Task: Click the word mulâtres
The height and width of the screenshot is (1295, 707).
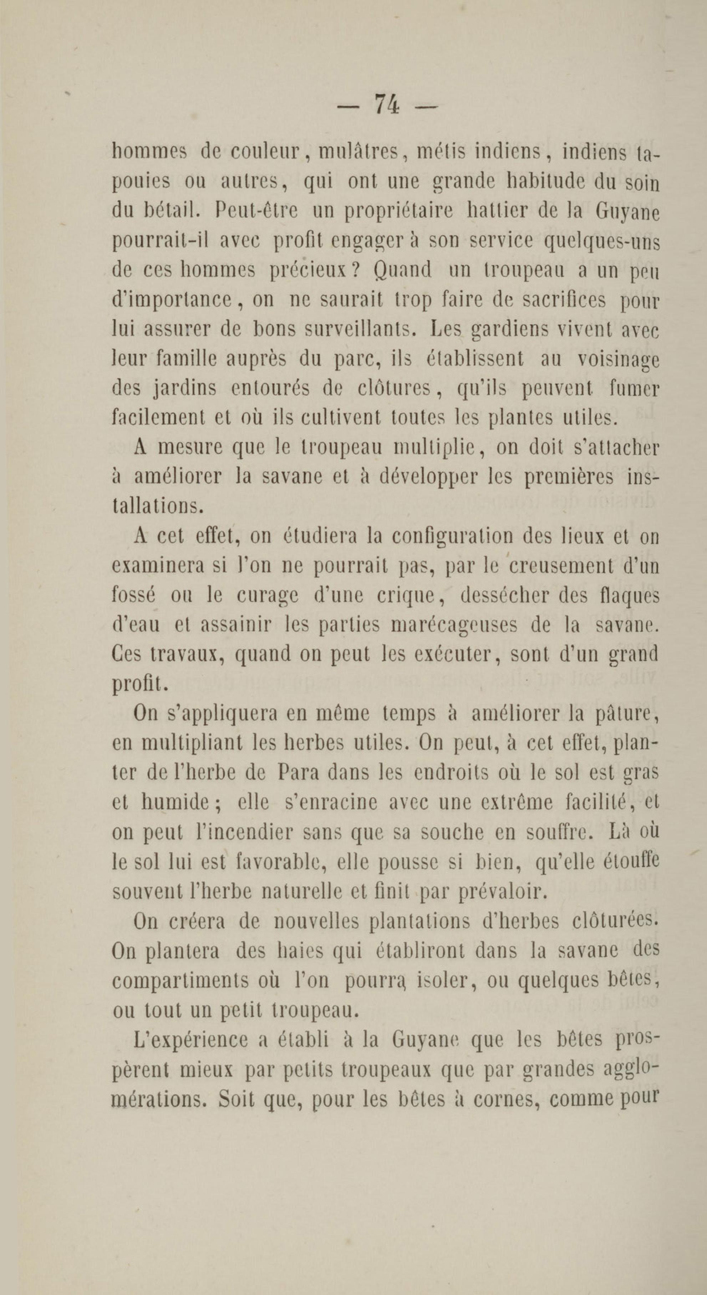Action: point(360,151)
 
